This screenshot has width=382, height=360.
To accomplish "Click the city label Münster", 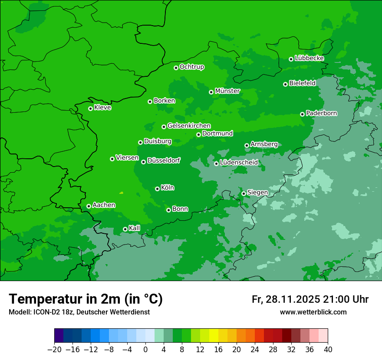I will (x=227, y=91).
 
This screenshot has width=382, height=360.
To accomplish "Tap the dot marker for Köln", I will (x=157, y=189).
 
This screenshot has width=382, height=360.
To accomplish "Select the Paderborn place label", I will (x=322, y=113).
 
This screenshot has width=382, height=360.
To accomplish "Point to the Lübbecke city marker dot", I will (x=291, y=59).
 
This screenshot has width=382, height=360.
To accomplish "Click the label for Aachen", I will (x=104, y=205).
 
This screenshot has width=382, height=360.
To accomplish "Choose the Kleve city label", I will (x=103, y=108).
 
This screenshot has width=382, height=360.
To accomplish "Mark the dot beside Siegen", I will (x=244, y=193).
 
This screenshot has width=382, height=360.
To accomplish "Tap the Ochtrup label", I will (x=192, y=67).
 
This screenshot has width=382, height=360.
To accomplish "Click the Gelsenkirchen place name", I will (x=189, y=126).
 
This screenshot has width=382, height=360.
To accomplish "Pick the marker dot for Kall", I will (x=125, y=229).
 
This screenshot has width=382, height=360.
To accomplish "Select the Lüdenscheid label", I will (x=239, y=163).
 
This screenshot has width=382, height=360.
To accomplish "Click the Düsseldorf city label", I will (x=164, y=160).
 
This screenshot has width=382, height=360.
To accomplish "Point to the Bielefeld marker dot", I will (x=285, y=84).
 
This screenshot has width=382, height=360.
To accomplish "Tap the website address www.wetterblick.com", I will (x=313, y=312).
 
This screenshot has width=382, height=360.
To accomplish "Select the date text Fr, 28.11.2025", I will (x=286, y=299).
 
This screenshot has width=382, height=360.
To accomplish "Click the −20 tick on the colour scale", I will (x=54, y=349).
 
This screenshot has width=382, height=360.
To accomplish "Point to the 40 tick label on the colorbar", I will (x=328, y=349).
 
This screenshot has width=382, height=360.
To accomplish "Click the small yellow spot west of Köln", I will (x=121, y=193).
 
